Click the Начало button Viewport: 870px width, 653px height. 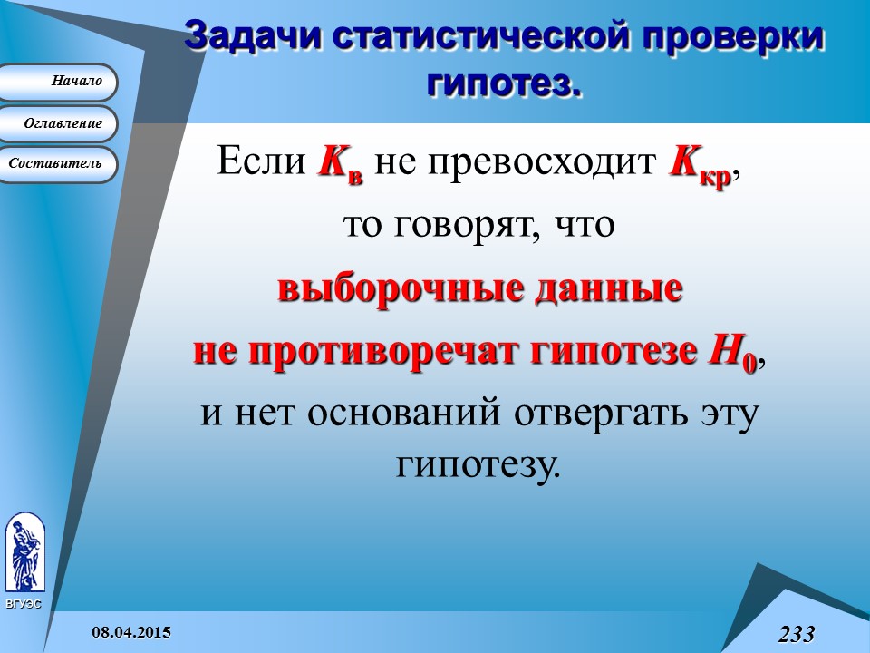pos(59,82)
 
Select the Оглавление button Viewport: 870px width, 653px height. pos(59,123)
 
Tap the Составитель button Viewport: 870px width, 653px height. pos(59,164)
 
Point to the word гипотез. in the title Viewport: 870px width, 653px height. pos(503,83)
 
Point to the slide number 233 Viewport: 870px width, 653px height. pos(795,634)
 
